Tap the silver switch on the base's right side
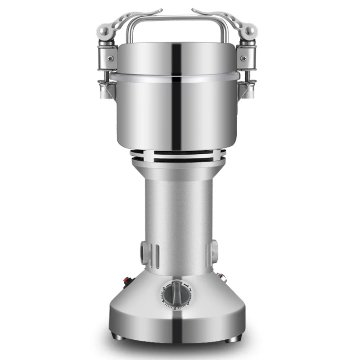coord(221,276)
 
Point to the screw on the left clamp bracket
coord(110,58)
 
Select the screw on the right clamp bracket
coord(246,58)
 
